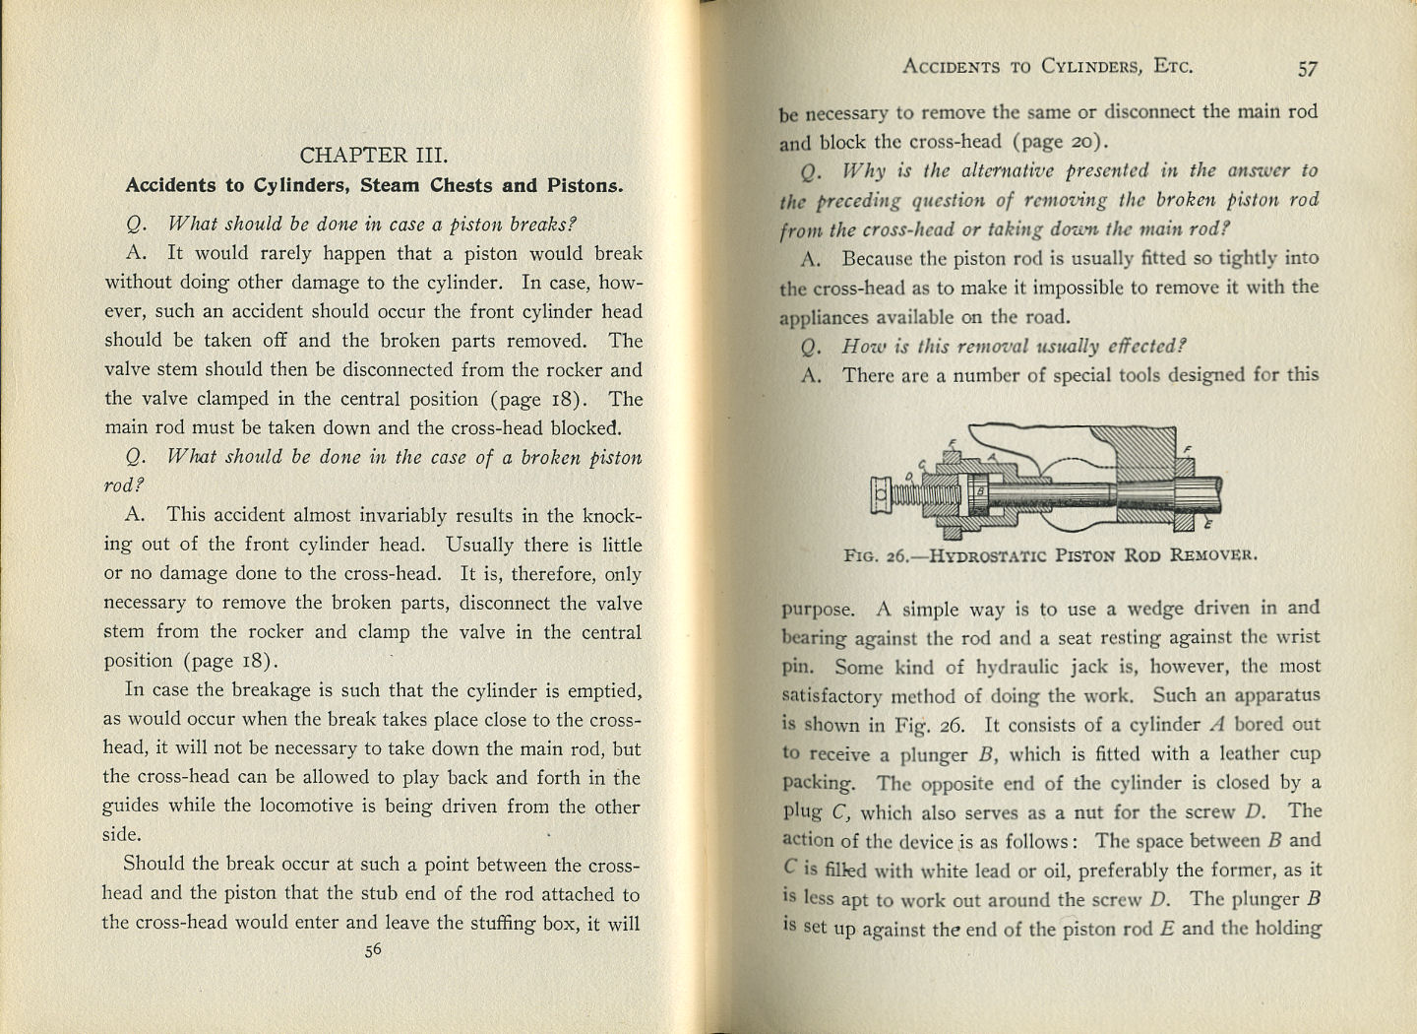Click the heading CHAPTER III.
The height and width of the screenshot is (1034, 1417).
click(x=373, y=156)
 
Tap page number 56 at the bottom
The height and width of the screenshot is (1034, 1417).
click(x=373, y=951)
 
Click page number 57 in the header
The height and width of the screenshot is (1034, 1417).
click(x=1307, y=68)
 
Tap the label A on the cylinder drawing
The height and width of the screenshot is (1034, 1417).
click(x=992, y=456)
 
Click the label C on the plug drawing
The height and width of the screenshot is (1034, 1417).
click(x=922, y=464)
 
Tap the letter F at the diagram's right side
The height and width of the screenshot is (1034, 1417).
click(x=1187, y=449)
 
